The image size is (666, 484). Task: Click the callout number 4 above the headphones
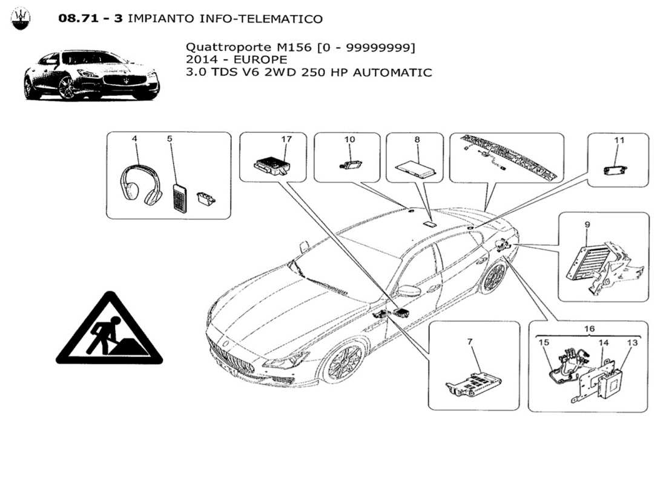[x=134, y=139]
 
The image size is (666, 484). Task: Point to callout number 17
[x=286, y=139]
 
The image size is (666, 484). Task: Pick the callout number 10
[x=350, y=139]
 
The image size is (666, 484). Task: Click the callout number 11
[x=619, y=140]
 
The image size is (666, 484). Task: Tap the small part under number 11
[x=618, y=169]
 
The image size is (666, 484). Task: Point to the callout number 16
[x=590, y=329]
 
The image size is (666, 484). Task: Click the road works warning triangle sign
[x=110, y=333]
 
